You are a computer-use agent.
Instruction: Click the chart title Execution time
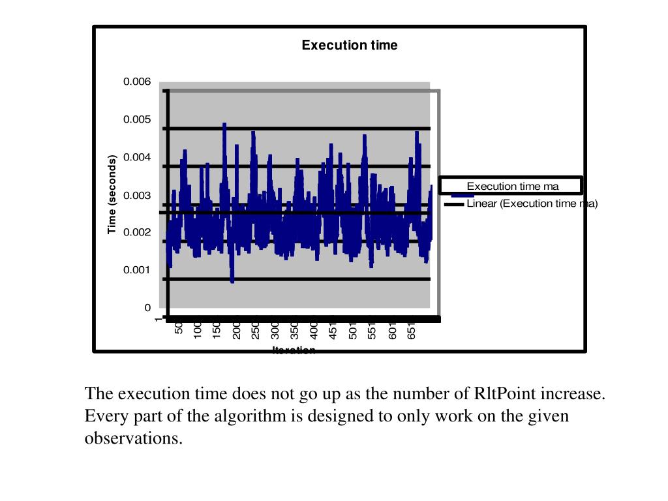coord(349,45)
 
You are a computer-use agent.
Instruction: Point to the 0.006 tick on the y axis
coord(137,82)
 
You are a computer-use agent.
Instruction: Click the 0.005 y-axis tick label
coord(137,119)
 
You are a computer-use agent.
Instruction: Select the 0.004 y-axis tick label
coord(137,157)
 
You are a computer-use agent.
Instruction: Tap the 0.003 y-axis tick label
coord(137,195)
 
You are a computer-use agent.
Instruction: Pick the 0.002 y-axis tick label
coord(137,232)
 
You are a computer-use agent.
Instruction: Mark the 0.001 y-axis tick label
coord(137,270)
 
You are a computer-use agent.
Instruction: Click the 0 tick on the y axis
coord(147,307)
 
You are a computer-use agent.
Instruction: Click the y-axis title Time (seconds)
coord(112,194)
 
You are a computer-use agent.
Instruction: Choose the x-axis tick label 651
coord(411,331)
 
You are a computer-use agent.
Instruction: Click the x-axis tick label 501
coord(352,331)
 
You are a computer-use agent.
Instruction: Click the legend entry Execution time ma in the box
coord(512,187)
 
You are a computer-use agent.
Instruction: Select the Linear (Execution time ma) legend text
coord(532,204)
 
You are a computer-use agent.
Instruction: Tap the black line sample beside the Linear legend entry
coord(454,204)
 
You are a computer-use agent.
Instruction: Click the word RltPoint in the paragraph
coord(503,394)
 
